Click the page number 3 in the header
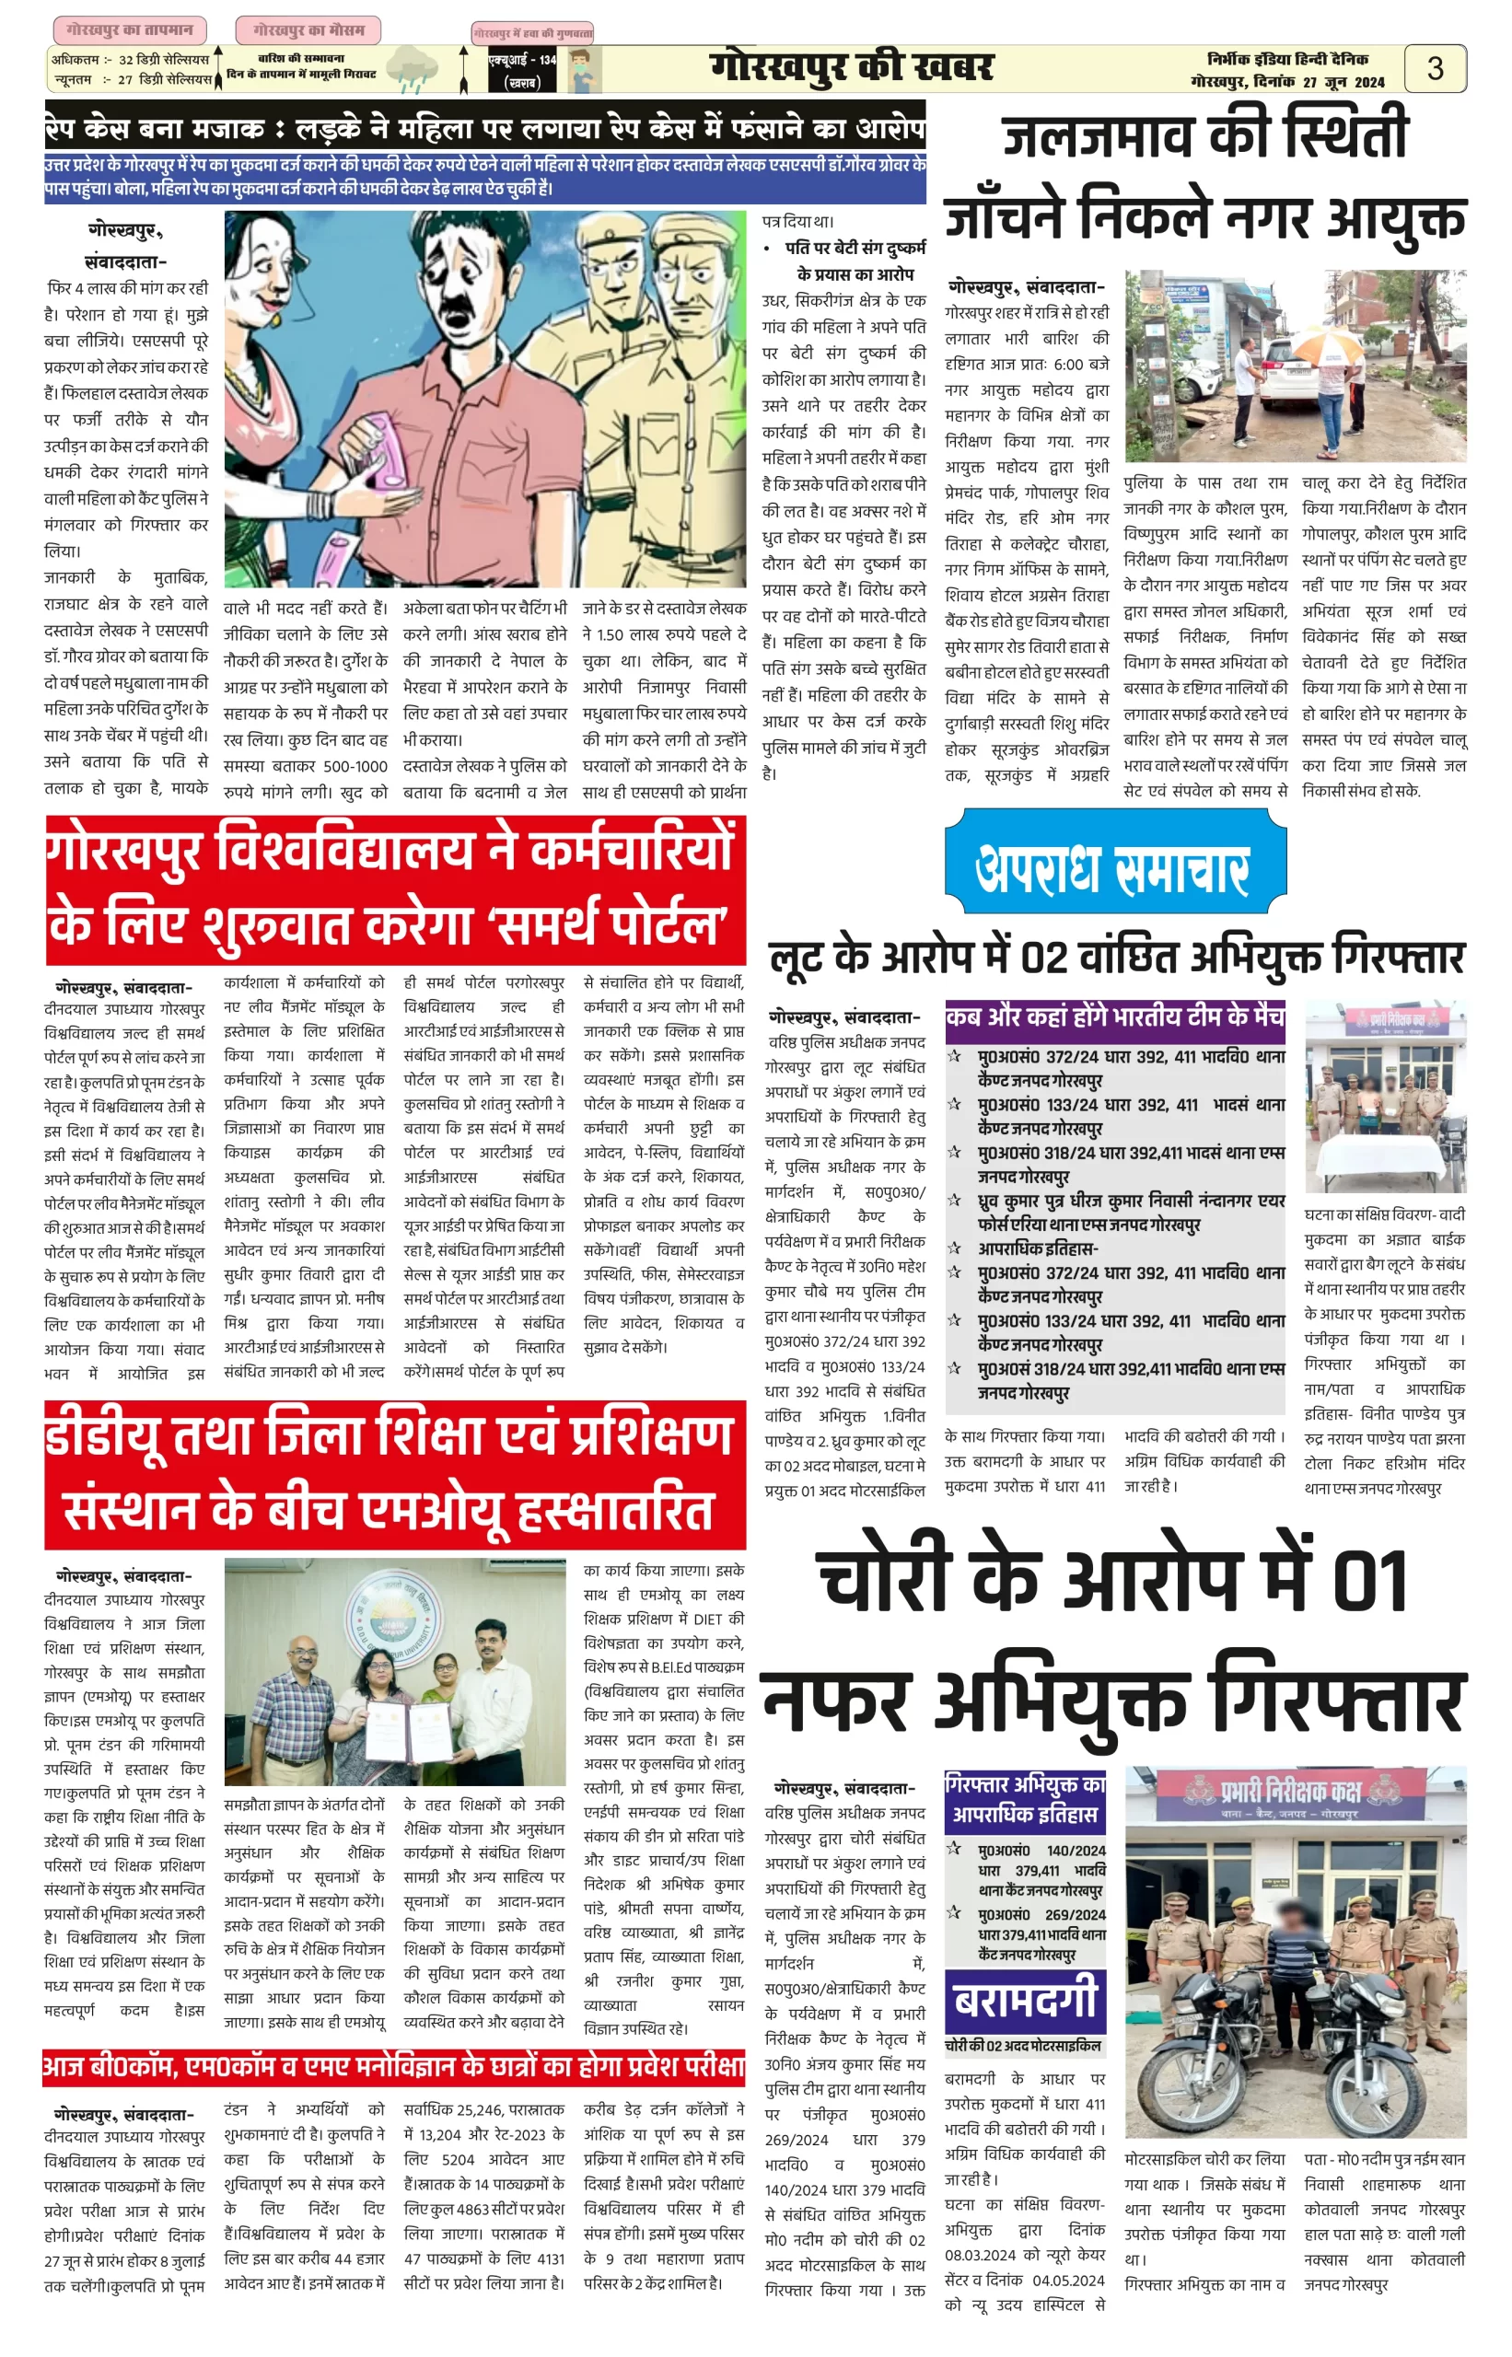pyautogui.click(x=1435, y=68)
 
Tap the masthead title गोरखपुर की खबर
pyautogui.click(x=851, y=68)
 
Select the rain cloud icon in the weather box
pyautogui.click(x=410, y=71)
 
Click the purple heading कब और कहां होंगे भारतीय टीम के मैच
pyautogui.click(x=1114, y=1017)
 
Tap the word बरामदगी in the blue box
pyautogui.click(x=1025, y=2000)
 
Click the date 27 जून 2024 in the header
pyautogui.click(x=1343, y=83)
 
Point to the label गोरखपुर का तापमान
pyautogui.click(x=130, y=29)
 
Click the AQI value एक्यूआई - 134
pyautogui.click(x=522, y=60)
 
